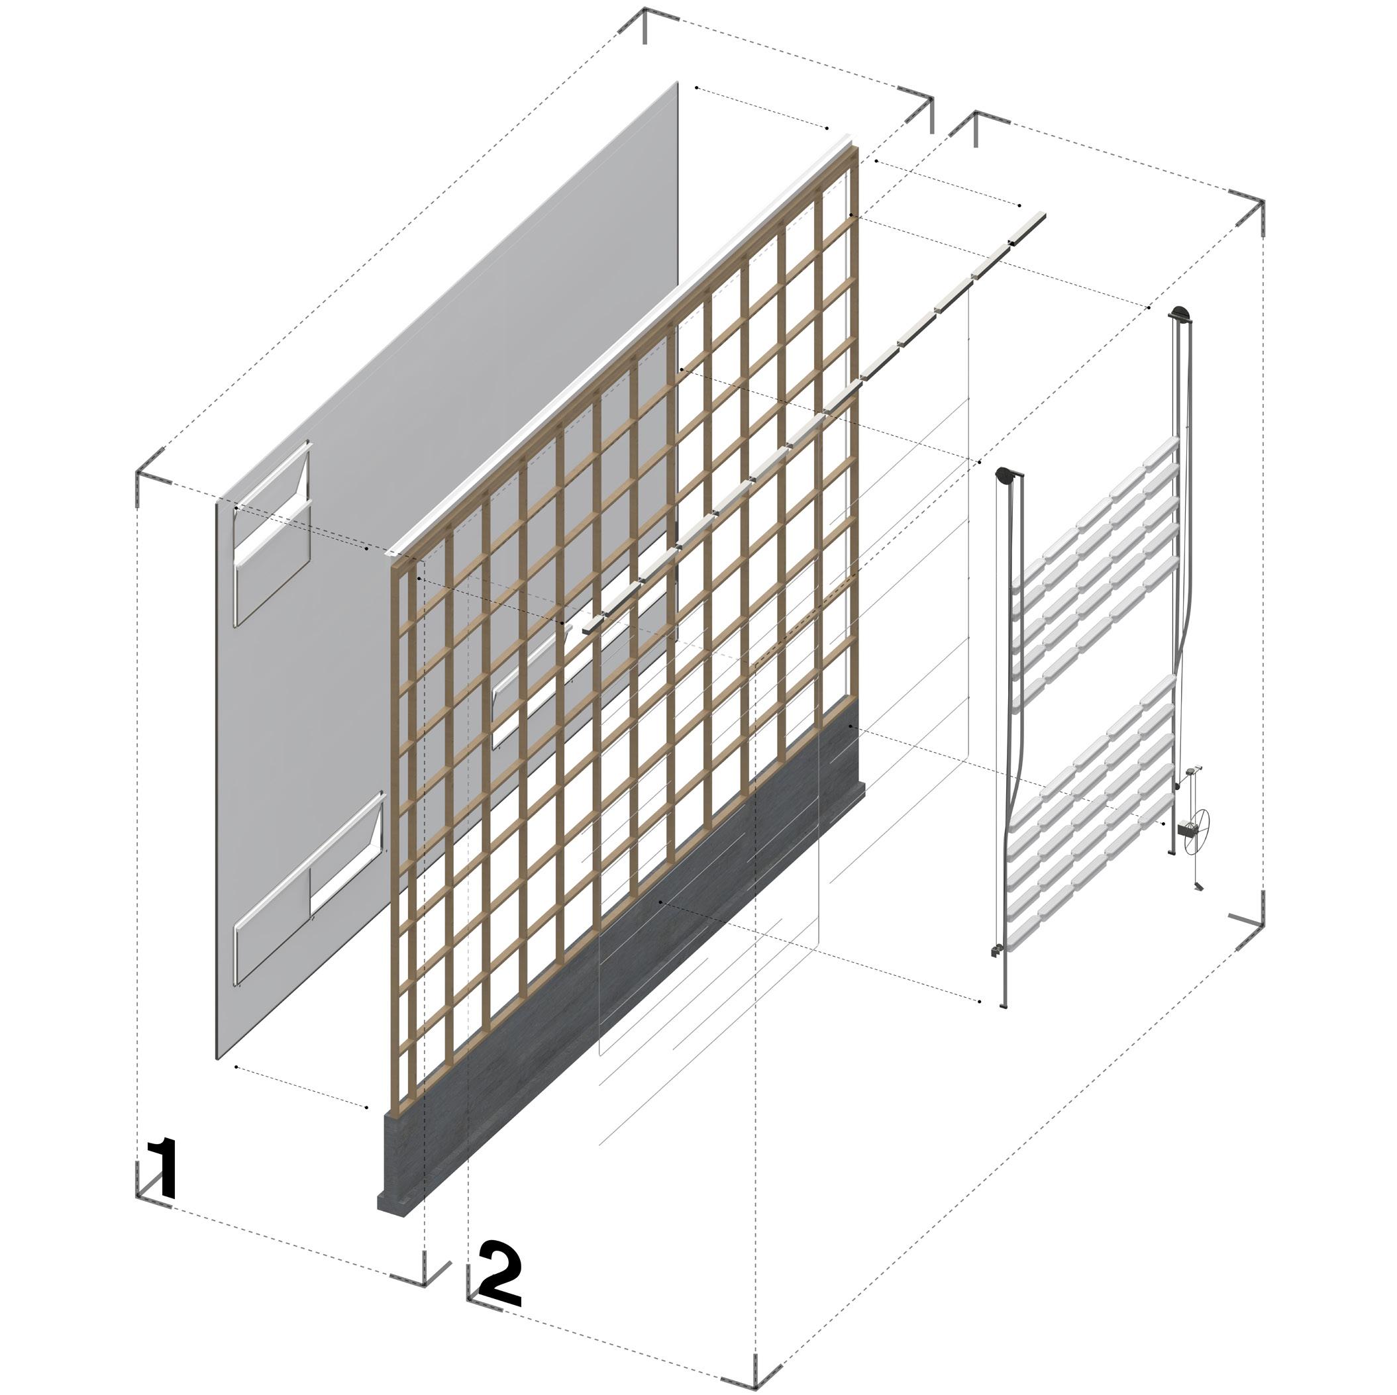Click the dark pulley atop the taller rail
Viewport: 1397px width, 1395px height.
point(1181,314)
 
